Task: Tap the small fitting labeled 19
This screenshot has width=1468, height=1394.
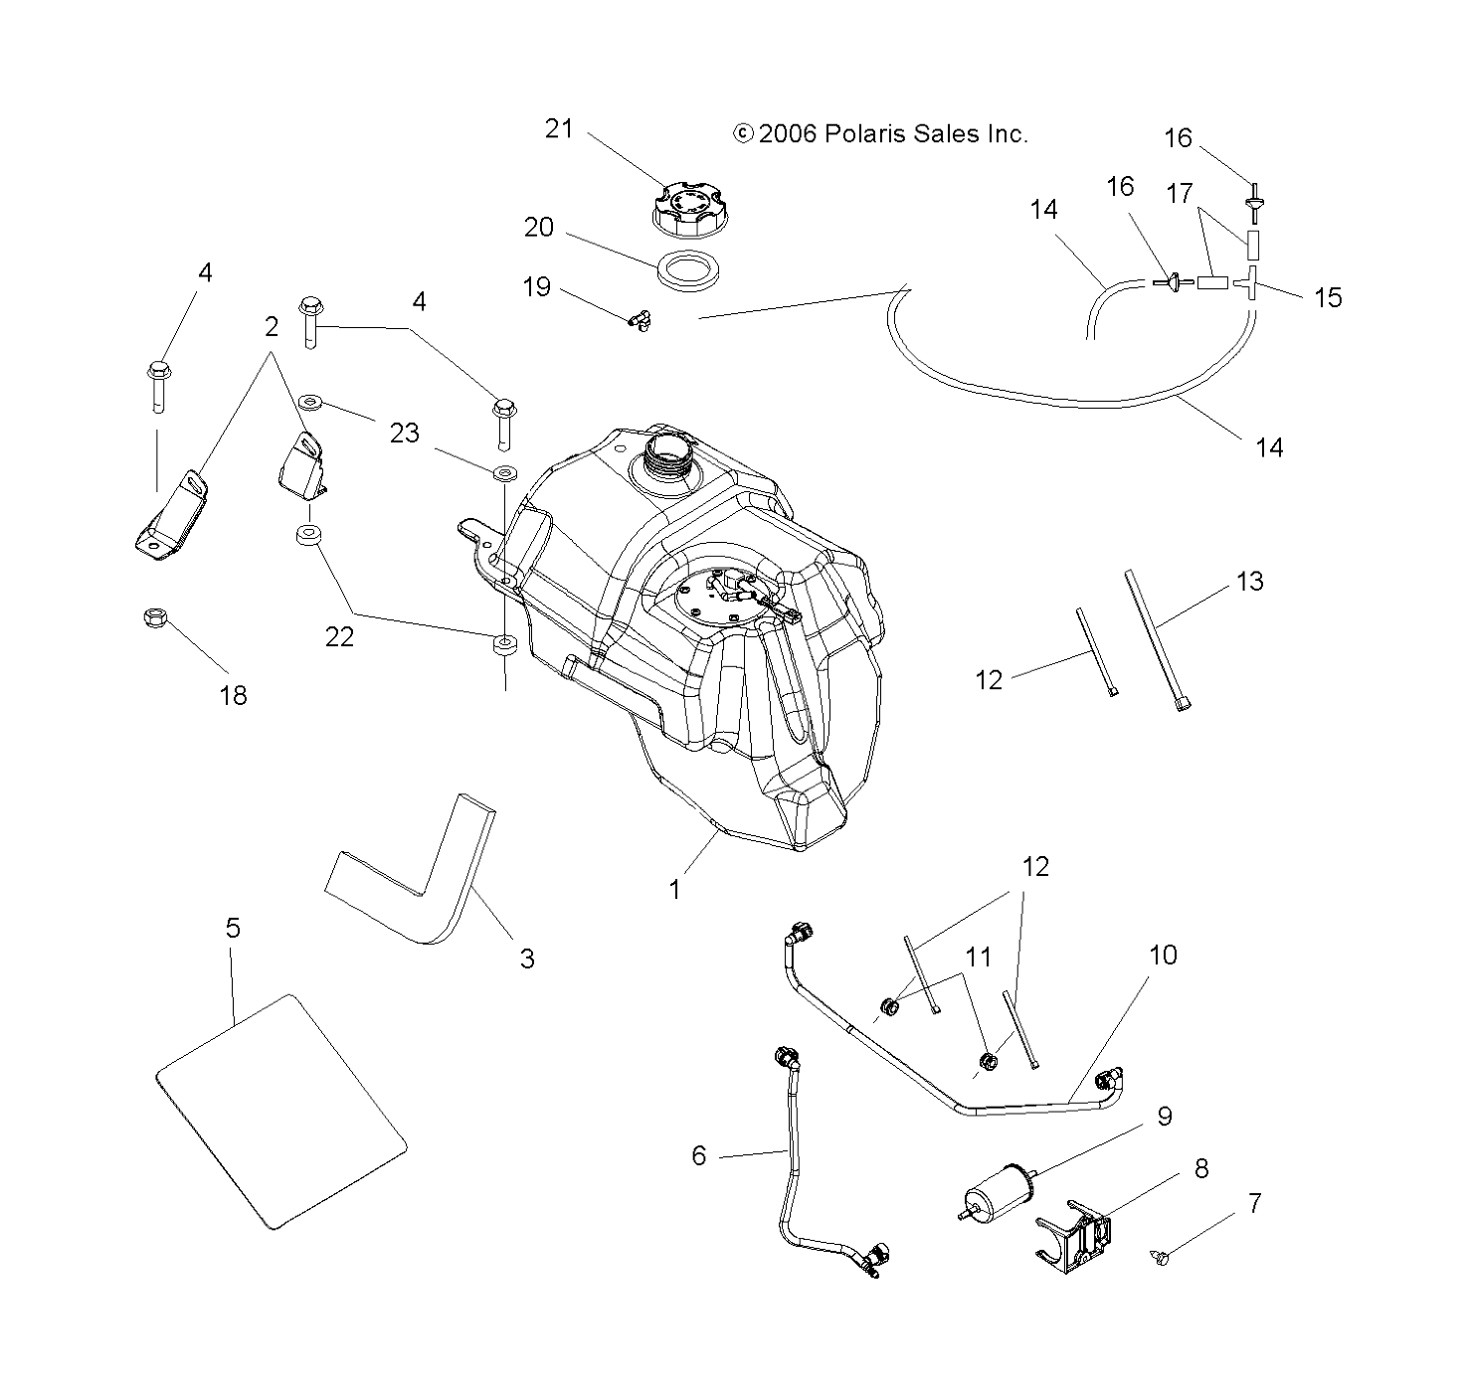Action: coord(639,319)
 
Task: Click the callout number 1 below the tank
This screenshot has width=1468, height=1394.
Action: coord(675,888)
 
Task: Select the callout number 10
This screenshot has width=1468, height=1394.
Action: coord(1163,956)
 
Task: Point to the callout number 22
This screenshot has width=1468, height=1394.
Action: coord(339,636)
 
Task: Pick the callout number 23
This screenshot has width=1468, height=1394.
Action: coord(404,433)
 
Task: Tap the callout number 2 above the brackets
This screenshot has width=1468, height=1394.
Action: coord(271,326)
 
